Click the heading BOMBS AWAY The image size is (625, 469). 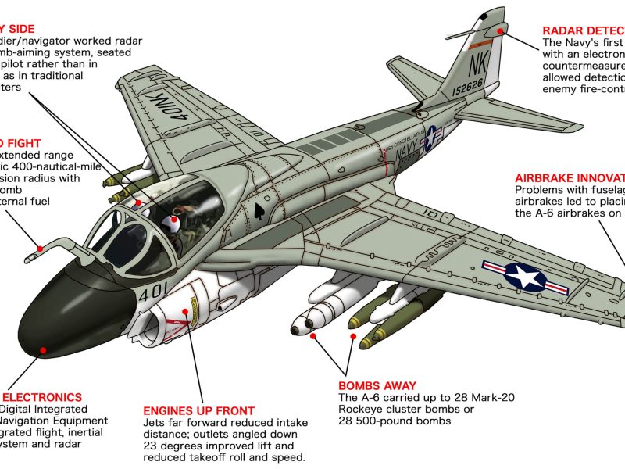373,386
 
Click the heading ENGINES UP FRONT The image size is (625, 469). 198,411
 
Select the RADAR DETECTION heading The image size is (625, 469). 583,30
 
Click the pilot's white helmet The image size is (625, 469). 174,224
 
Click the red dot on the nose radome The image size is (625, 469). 44,351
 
